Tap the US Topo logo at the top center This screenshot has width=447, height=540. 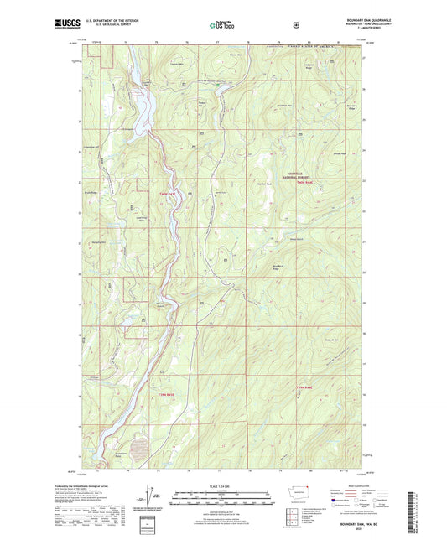point(222,25)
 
